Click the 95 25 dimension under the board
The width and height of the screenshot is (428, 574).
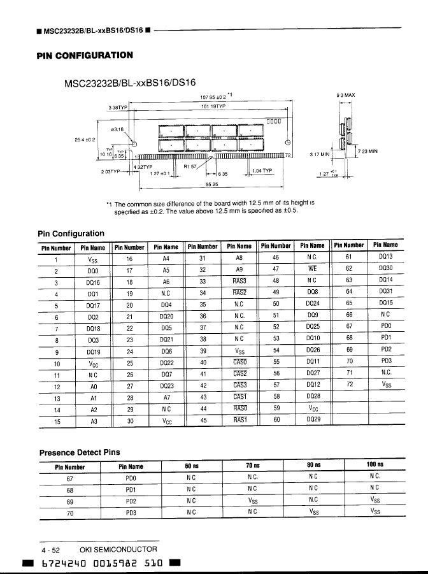212,183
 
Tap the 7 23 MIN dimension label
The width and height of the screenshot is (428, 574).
368,151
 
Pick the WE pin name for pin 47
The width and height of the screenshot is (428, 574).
312,269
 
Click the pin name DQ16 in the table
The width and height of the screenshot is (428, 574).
93,281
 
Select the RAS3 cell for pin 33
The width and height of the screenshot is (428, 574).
239,281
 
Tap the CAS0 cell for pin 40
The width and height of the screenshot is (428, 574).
239,362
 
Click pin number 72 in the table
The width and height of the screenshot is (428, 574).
349,385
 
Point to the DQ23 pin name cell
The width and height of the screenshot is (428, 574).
167,385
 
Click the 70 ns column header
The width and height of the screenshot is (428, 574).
252,466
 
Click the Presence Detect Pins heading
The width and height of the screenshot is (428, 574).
80,452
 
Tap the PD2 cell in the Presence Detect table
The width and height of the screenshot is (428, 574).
131,501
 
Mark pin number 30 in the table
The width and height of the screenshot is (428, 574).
129,420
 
